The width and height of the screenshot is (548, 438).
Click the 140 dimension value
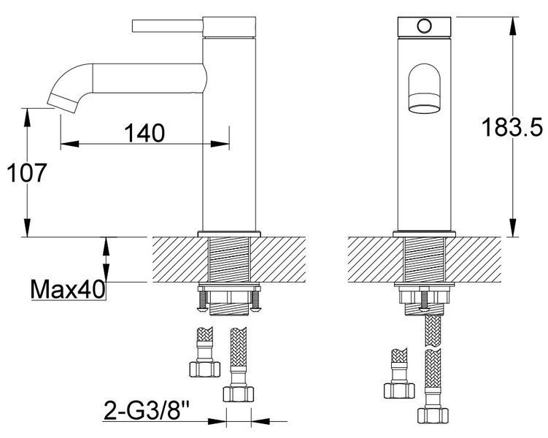pyautogui.click(x=144, y=132)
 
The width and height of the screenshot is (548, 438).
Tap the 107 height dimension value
pyautogui.click(x=26, y=173)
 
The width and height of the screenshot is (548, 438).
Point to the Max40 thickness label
pyautogui.click(x=68, y=289)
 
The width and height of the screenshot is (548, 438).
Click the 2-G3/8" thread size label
pyautogui.click(x=147, y=410)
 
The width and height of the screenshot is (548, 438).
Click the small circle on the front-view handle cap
pyautogui.click(x=424, y=26)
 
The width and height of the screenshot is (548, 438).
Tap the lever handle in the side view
pyautogui.click(x=168, y=26)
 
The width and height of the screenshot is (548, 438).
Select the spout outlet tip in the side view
pyautogui.click(x=63, y=104)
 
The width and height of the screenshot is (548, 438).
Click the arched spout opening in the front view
pyautogui.click(x=424, y=88)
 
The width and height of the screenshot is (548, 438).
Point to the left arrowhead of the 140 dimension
pyautogui.click(x=69, y=144)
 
